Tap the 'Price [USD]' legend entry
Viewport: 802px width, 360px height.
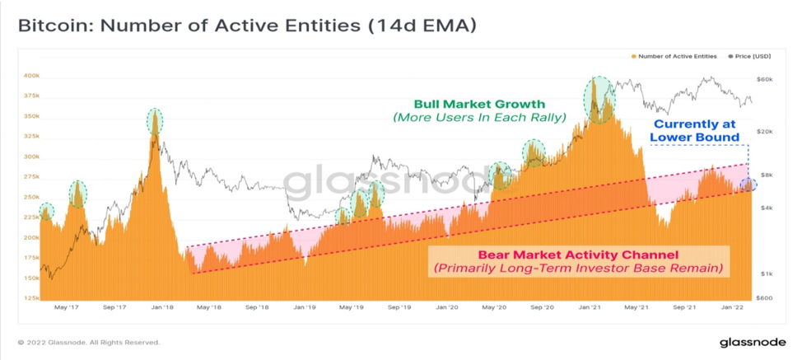coord(749,56)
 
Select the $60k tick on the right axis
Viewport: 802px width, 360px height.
coord(765,80)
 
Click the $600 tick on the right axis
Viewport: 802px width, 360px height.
coord(765,298)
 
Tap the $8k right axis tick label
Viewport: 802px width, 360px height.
coord(763,175)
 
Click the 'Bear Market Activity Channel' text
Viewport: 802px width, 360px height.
coord(578,255)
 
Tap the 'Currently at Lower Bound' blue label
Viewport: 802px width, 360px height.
coord(694,130)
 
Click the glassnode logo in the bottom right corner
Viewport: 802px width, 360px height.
coord(752,342)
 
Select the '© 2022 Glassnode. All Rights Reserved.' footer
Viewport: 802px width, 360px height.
coord(89,342)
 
